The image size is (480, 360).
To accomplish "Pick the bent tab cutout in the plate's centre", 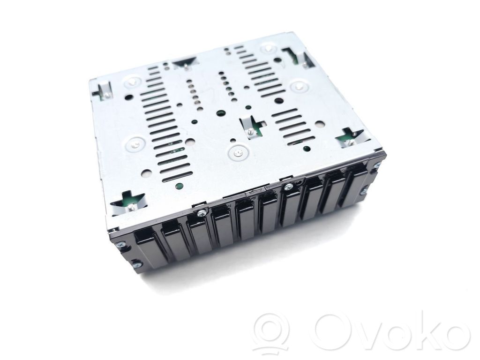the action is click(x=251, y=126).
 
